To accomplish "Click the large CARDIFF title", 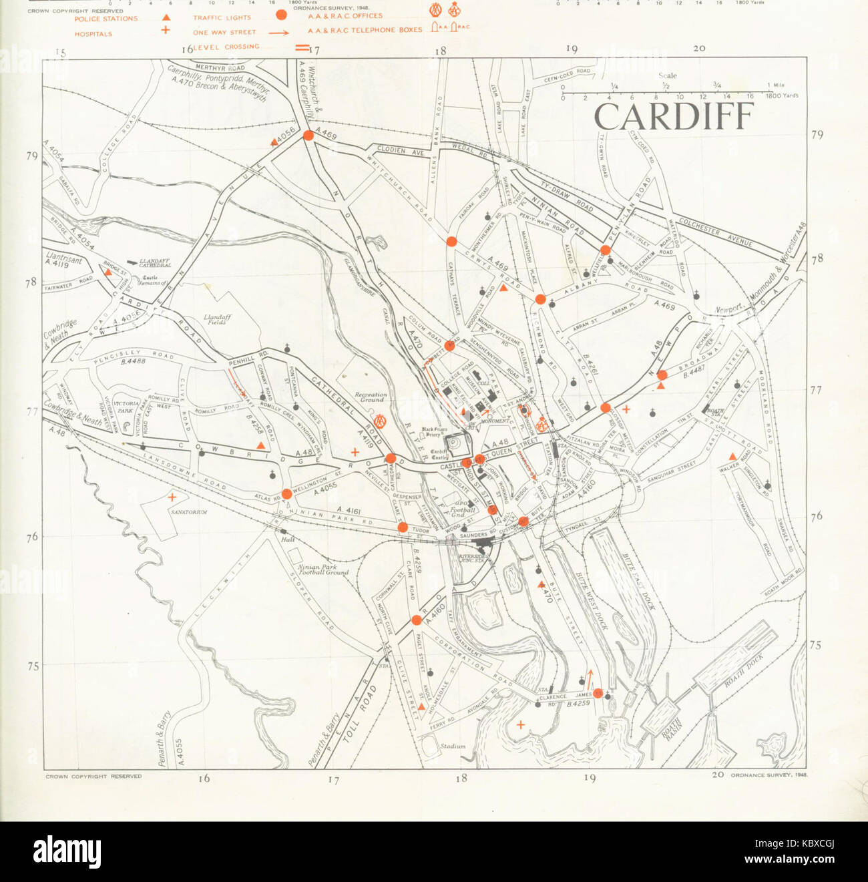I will tap(673, 117).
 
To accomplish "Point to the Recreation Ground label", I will tap(370, 397).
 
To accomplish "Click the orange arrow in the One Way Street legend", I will tap(279, 32).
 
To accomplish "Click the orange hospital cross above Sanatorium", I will tap(172, 497).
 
